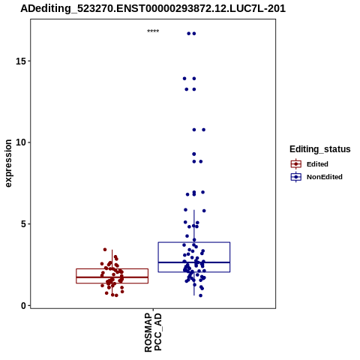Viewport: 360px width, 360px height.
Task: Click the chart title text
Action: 153,9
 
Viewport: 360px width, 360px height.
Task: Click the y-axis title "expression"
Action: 8,163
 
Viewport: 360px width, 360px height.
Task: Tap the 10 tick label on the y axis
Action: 21,142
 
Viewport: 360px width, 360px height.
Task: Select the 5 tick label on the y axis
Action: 23,224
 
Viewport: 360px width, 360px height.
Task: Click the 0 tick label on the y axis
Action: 23,305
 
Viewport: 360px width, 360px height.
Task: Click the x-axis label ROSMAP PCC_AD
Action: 153,333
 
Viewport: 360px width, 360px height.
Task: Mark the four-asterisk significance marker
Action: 153,31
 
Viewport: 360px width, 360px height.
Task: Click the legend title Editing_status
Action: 320,149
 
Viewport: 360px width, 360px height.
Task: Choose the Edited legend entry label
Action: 317,164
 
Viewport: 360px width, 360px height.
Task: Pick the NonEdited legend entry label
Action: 325,177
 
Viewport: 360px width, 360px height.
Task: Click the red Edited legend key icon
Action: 296,164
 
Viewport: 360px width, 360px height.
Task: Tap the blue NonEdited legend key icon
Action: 296,177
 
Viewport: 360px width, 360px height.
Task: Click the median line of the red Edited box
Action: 112,277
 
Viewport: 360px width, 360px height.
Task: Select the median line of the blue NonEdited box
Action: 194,262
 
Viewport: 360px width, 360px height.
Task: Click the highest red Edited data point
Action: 105,250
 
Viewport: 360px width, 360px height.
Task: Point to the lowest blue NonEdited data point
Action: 200,295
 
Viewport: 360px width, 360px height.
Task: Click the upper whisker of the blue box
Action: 194,226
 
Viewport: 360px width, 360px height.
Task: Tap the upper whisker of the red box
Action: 112,259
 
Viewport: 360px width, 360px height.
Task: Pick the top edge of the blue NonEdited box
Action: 194,242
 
